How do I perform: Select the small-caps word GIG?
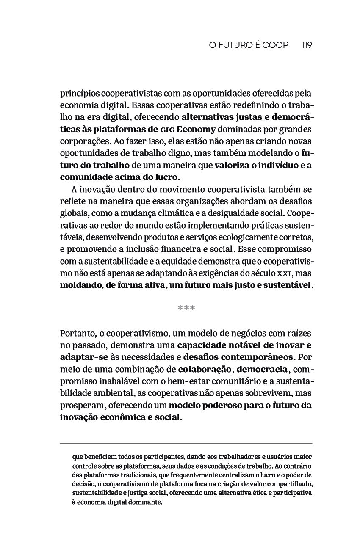[168, 129]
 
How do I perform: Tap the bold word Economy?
[196, 129]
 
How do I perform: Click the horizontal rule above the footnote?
[186, 443]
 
